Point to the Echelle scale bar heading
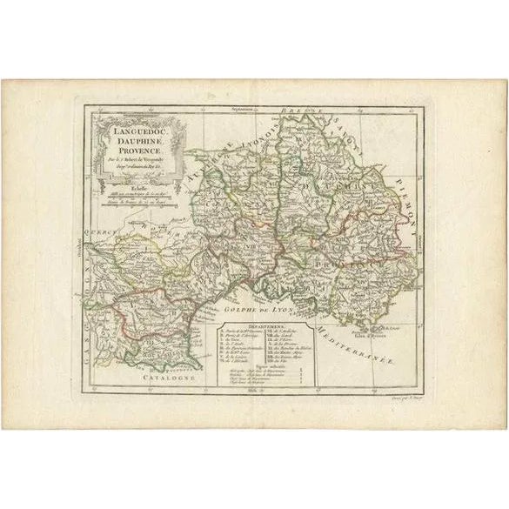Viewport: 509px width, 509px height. (129, 184)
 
